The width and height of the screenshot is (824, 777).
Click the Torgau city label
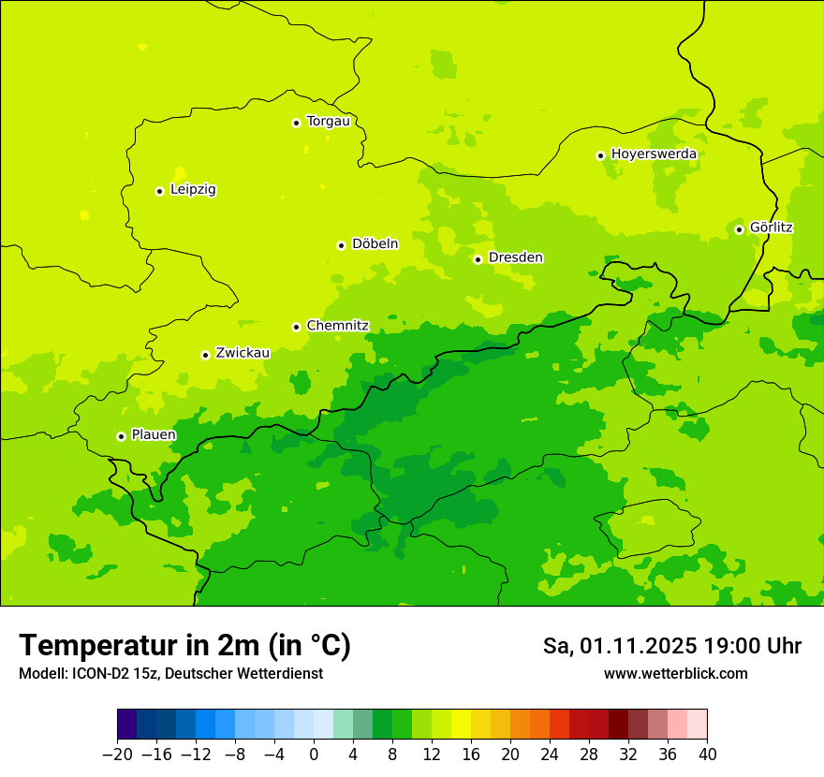[x=328, y=122]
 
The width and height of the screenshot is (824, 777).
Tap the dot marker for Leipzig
[x=159, y=191]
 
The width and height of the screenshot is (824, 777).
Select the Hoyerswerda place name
[x=654, y=154]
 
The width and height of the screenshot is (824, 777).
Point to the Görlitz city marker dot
[x=739, y=229]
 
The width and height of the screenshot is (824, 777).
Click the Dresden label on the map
[x=515, y=258]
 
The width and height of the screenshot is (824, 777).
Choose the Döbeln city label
[x=375, y=244]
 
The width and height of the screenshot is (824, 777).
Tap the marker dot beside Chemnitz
[x=296, y=327]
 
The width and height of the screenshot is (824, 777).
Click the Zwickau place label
[x=243, y=354]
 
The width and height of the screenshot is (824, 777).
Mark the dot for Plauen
[x=121, y=436]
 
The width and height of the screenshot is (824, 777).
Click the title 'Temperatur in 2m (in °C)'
[x=184, y=646]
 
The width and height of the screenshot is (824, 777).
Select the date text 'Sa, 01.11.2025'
[x=620, y=647]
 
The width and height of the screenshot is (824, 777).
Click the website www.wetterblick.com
[x=675, y=674]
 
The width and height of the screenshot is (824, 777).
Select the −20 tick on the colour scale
[x=117, y=755]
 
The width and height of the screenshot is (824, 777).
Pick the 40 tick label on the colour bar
[x=707, y=755]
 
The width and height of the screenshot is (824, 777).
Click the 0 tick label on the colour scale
[x=314, y=755]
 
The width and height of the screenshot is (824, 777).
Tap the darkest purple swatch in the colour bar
[x=126, y=725]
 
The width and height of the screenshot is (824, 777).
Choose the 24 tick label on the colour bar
[x=550, y=755]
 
